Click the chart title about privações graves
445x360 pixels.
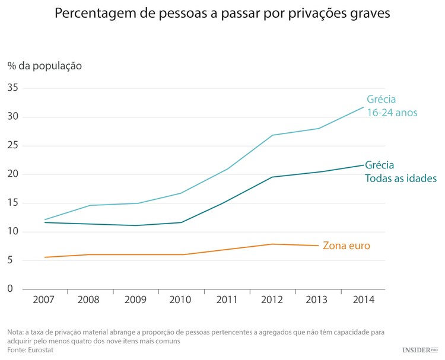tap(222, 13)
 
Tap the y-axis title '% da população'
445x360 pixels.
tap(44, 66)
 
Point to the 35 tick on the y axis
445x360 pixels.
tap(13, 88)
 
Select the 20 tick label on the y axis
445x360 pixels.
tap(13, 174)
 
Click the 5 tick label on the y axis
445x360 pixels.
tap(10, 260)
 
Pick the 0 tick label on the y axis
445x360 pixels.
tap(10, 289)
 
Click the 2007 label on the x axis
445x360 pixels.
tap(44, 300)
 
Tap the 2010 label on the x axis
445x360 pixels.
tap(180, 300)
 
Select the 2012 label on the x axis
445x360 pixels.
tap(272, 300)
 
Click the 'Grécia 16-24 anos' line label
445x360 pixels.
tap(392, 106)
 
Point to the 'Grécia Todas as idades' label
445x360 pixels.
tap(401, 171)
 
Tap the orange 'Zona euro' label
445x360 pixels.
tap(346, 246)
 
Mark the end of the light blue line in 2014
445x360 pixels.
tap(364, 107)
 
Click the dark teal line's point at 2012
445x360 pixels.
tap(272, 177)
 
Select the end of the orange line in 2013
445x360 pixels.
tap(318, 246)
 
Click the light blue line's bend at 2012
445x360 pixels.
tap(272, 135)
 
